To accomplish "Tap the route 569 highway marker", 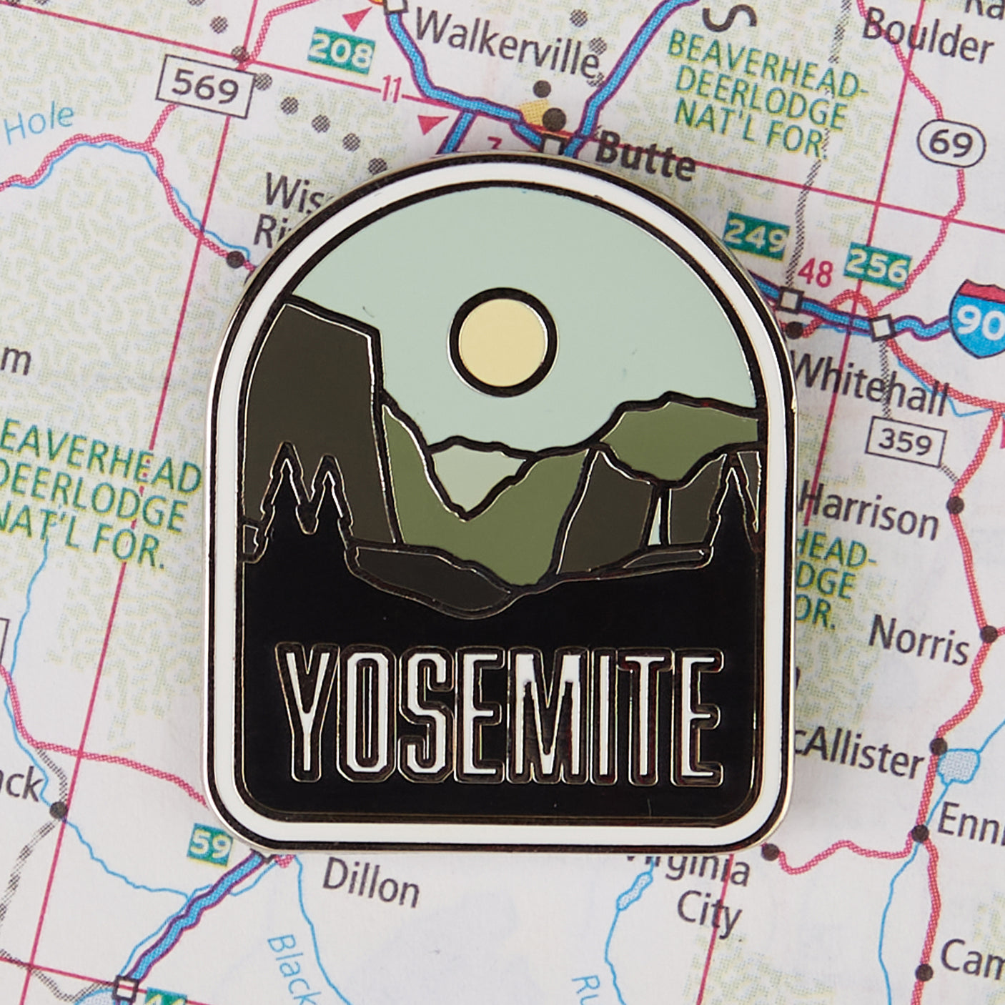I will click(206, 89).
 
